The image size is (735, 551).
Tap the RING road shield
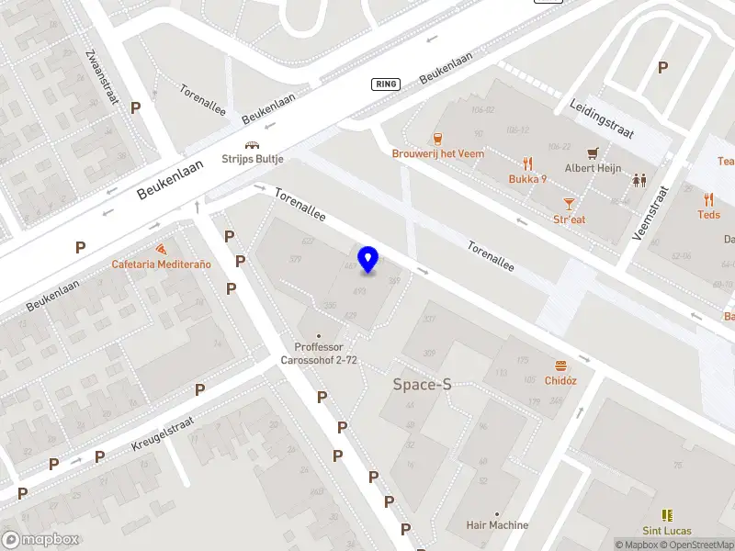[386, 84]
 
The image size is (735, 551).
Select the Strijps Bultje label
[253, 159]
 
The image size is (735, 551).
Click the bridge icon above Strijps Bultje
[252, 145]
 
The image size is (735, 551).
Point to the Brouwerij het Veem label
[438, 153]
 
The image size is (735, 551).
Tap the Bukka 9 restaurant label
[528, 179]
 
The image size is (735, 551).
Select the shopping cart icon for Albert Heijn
[594, 152]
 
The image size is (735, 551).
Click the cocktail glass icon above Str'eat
[570, 203]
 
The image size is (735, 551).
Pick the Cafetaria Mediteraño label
[161, 264]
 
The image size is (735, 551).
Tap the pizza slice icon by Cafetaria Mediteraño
[162, 250]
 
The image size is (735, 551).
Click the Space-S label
[422, 385]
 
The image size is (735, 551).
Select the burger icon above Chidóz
[560, 365]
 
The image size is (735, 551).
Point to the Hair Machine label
[497, 525]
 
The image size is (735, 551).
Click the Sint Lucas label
[666, 531]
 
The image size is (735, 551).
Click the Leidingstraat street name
[602, 119]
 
